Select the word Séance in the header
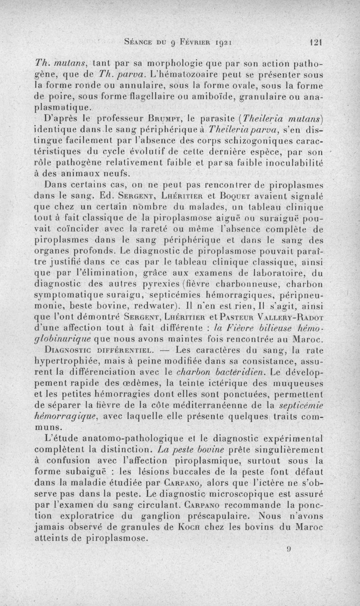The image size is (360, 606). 138,44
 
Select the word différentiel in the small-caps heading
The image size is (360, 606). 123,349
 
